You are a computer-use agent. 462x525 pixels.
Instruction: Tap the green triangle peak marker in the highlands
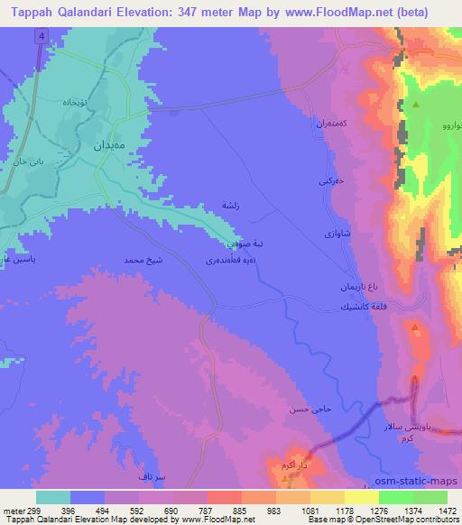416,106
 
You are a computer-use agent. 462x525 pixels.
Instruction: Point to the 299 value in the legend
34,511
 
